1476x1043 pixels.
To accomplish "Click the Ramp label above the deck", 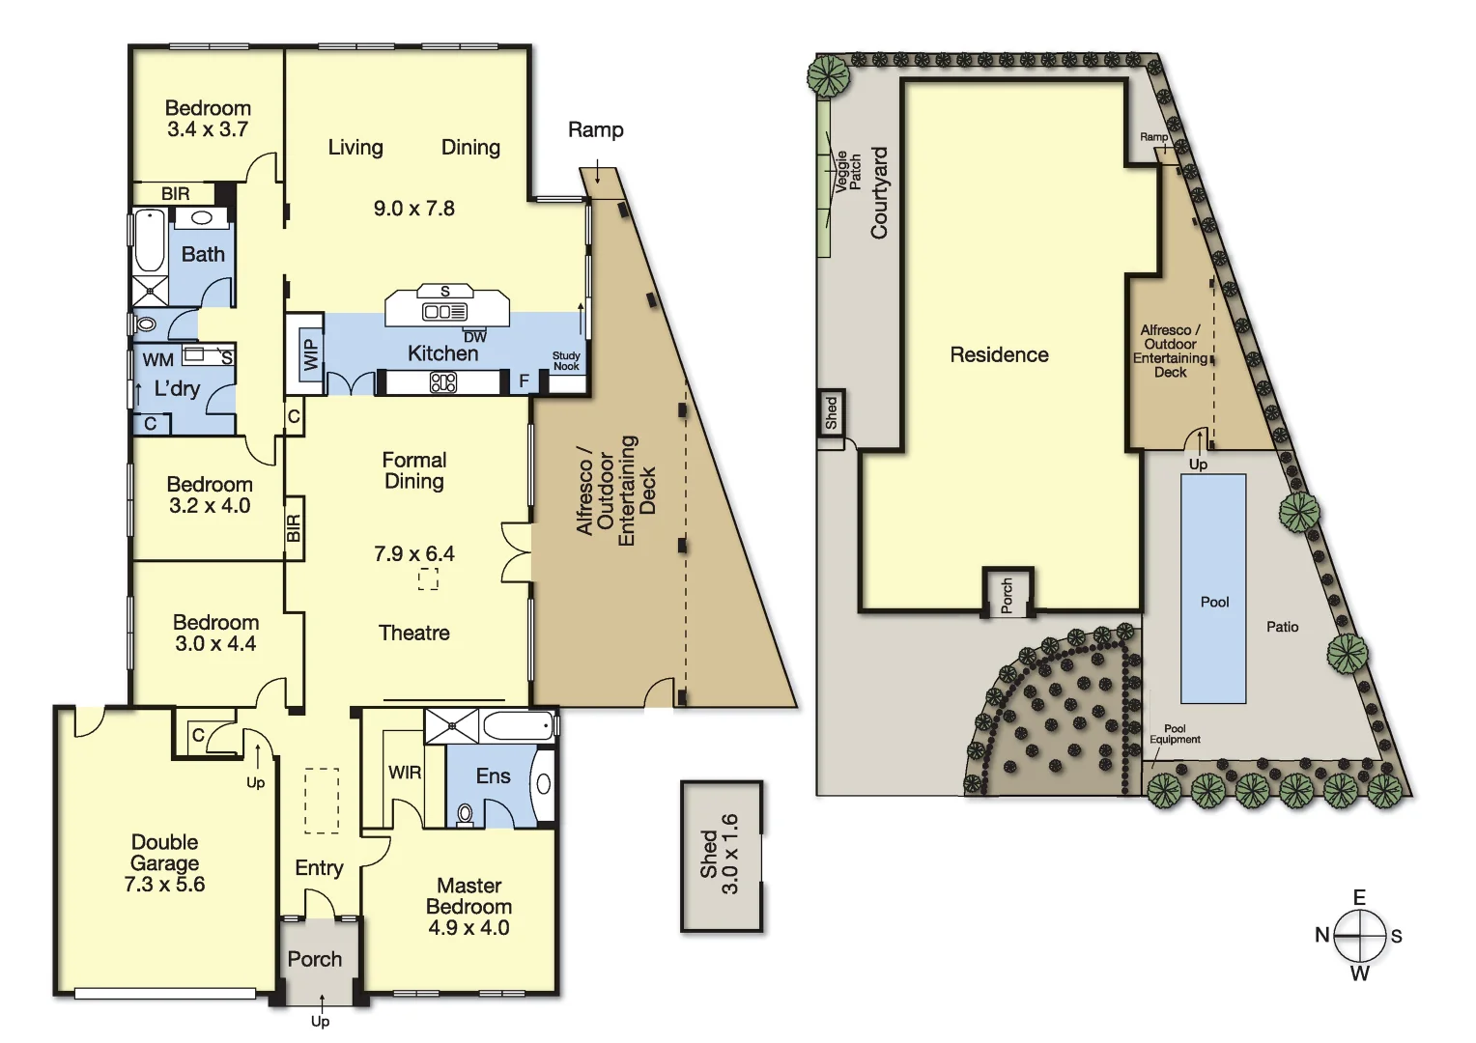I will (595, 130).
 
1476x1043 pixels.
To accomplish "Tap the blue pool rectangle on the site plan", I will (1213, 588).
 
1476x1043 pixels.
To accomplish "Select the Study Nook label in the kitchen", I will (566, 361).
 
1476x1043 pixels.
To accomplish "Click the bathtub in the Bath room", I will (149, 241).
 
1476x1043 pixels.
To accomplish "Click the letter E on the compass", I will (1359, 898).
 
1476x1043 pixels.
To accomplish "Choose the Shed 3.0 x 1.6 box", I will (721, 856).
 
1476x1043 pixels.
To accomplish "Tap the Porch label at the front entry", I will (315, 959).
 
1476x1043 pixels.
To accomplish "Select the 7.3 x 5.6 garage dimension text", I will (164, 885).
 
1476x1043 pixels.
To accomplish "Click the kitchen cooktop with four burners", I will (443, 383).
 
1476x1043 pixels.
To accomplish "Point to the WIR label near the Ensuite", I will (405, 773).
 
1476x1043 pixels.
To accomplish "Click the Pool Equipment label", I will (1175, 734).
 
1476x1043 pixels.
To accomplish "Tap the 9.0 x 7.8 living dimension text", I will (413, 209).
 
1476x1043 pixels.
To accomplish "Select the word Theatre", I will (413, 634).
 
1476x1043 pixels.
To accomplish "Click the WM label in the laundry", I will (157, 360).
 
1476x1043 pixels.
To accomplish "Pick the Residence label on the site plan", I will (999, 355).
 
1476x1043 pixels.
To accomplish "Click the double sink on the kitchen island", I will (445, 311).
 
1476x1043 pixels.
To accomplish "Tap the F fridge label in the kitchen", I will (525, 381).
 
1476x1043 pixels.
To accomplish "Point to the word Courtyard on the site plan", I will (879, 193).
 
